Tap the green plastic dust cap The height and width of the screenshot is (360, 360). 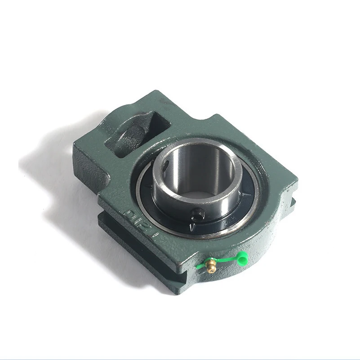pos(242,257)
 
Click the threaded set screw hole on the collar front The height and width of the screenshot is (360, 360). pos(196,213)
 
